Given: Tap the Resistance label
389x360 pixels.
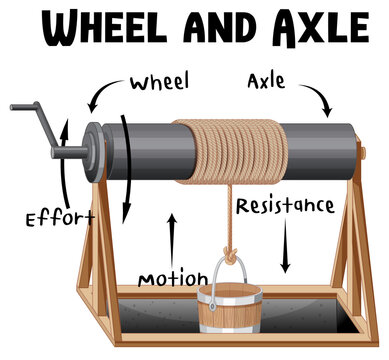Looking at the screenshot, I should tap(285, 207).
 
